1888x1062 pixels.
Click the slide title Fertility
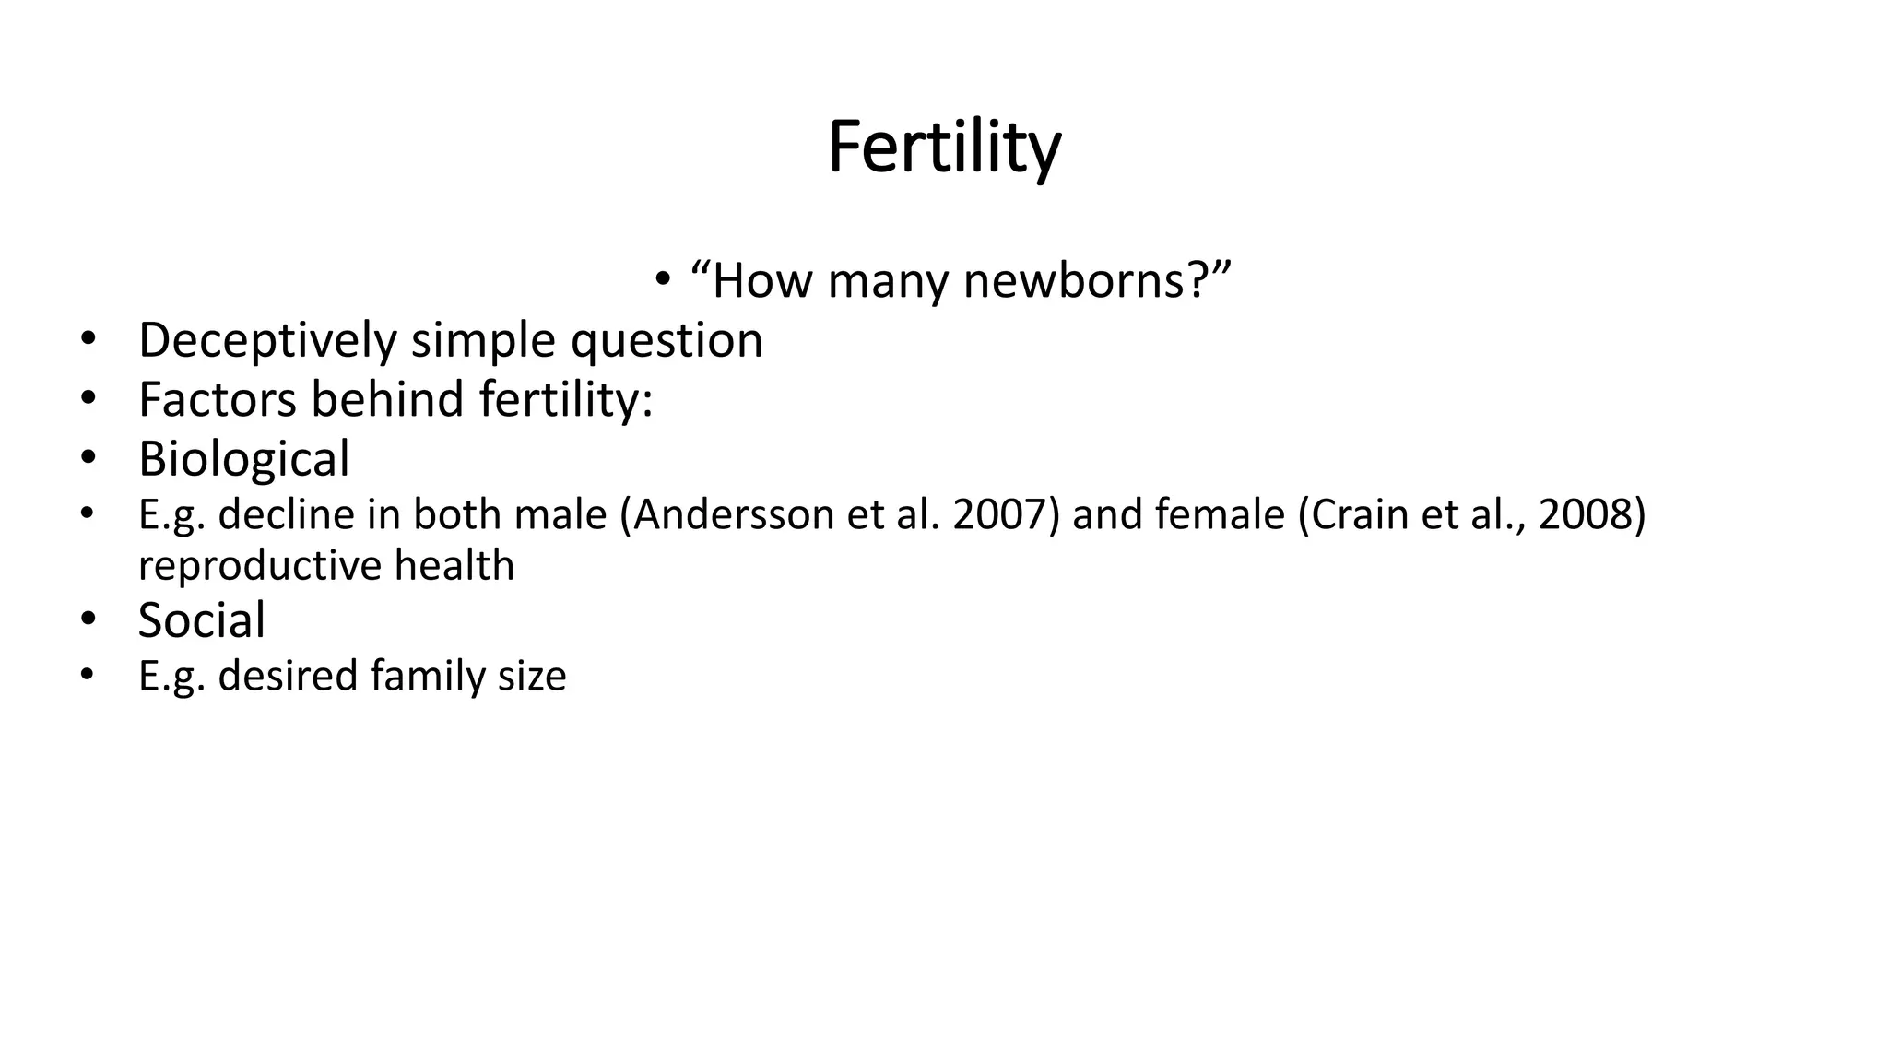point(944,147)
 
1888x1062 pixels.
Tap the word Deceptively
point(267,340)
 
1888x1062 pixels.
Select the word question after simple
point(667,340)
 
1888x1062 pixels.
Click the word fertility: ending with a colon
point(566,399)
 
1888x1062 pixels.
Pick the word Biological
point(243,458)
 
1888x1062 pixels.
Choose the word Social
point(201,619)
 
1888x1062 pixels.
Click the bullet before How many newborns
point(662,279)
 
